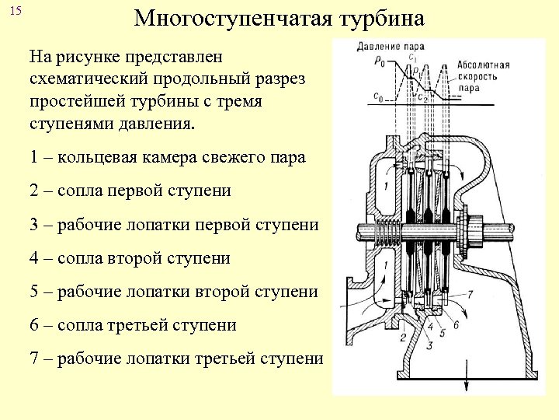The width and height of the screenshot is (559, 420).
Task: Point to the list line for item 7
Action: point(176,359)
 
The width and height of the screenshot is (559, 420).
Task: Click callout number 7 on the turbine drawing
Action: point(469,293)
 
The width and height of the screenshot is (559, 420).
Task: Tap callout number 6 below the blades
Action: point(456,324)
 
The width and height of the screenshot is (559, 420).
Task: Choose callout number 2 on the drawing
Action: point(403,337)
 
